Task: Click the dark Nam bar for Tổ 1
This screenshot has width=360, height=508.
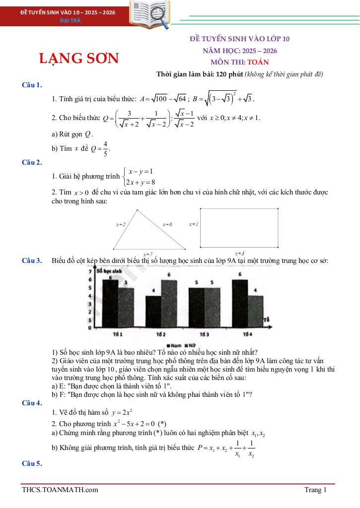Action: point(110,304)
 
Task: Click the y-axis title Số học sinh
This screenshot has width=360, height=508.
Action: point(109,271)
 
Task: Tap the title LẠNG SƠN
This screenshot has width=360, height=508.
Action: point(79,59)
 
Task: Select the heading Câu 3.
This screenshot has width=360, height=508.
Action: point(32,260)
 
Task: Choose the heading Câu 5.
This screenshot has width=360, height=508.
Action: point(32,463)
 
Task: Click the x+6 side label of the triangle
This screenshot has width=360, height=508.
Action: point(167,224)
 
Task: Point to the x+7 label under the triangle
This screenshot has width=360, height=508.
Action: point(148,253)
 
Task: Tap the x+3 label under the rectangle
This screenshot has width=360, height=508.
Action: point(239,253)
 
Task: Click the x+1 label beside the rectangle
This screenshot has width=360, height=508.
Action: point(193,224)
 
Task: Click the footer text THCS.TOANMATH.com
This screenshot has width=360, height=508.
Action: point(60,490)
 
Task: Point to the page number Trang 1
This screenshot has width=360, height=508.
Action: point(316,490)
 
